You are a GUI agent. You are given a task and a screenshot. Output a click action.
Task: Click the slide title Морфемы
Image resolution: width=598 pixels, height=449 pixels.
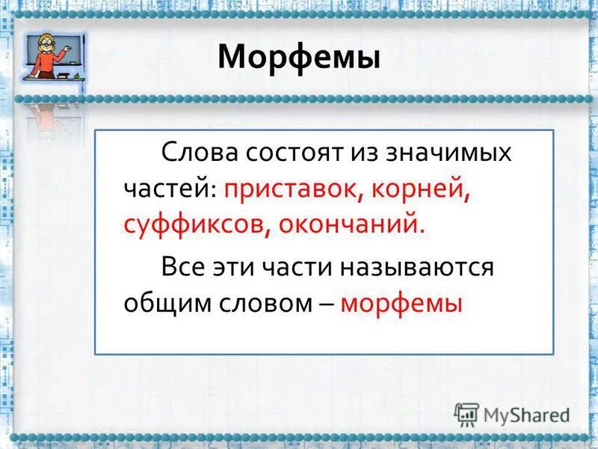click(299, 58)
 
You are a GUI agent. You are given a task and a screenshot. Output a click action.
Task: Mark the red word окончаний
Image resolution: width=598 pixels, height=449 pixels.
click(351, 224)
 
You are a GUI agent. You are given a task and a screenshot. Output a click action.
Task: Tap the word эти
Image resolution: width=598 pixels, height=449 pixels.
click(237, 267)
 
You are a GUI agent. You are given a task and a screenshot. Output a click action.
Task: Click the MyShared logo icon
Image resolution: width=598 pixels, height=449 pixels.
click(466, 415)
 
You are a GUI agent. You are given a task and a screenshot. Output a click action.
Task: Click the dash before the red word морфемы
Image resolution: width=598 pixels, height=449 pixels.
click(327, 303)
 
